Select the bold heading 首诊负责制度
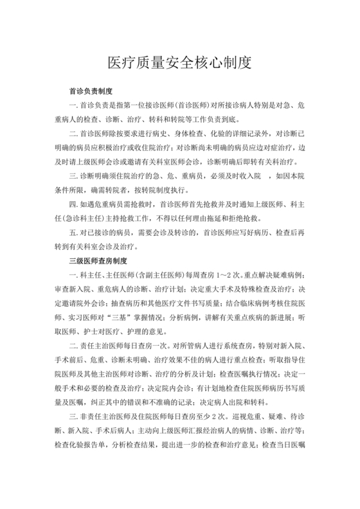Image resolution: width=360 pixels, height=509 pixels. [91, 92]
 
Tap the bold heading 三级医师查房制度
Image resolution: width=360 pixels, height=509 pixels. [100, 261]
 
